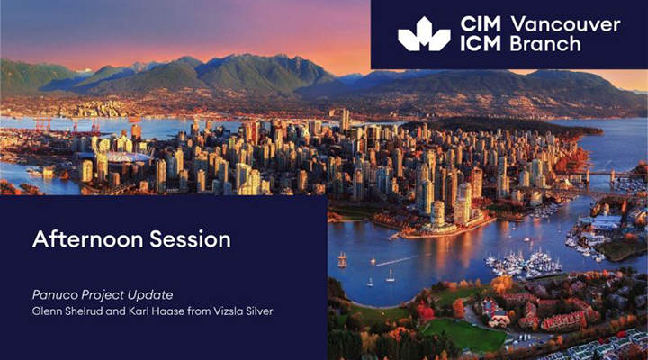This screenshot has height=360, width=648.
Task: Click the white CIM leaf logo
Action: pyautogui.click(x=424, y=34)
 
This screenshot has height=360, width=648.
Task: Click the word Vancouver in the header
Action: pyautogui.click(x=566, y=24)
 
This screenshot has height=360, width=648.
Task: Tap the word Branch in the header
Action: pyautogui.click(x=545, y=43)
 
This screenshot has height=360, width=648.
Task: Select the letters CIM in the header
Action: pyautogui.click(x=481, y=24)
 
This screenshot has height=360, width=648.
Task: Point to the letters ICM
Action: pyautogui.click(x=481, y=43)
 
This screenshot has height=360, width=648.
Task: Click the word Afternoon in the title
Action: pyautogui.click(x=88, y=238)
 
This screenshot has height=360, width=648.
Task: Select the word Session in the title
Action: pyautogui.click(x=190, y=238)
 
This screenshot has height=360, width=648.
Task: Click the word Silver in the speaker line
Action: pyautogui.click(x=258, y=310)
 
